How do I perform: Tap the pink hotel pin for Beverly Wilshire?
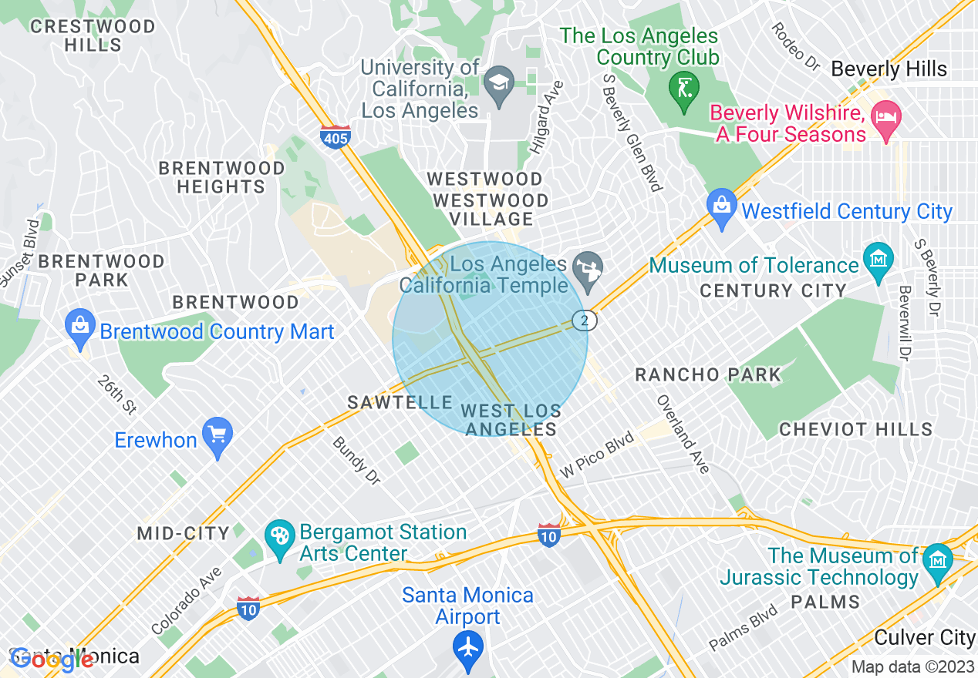click(885, 119)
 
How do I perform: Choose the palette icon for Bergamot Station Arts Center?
click(278, 534)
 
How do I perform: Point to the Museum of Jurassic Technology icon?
click(937, 558)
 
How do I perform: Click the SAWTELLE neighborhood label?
click(400, 402)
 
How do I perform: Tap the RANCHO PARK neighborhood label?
click(708, 375)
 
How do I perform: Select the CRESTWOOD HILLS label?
click(93, 35)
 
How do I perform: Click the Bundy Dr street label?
click(356, 462)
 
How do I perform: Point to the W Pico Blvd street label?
click(598, 455)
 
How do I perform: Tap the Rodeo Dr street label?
click(794, 45)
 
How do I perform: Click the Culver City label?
click(925, 637)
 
